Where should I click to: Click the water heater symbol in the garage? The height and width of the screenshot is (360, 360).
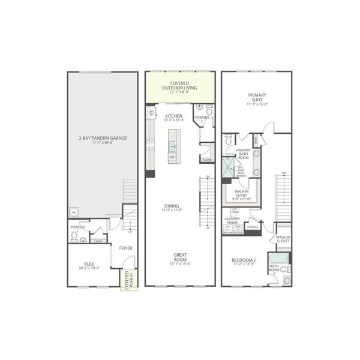[x=75, y=212]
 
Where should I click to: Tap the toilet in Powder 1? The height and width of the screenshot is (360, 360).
[x=75, y=236]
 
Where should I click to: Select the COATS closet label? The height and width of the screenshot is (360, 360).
[x=98, y=241]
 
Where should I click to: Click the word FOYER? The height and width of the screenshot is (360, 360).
[x=126, y=247]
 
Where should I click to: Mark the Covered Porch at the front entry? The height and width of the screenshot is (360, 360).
[x=128, y=279]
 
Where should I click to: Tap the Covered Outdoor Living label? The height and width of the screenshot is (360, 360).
[x=180, y=87]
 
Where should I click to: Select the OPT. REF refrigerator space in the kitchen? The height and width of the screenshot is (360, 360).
[x=151, y=112]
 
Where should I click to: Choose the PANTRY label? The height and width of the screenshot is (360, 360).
[x=207, y=160]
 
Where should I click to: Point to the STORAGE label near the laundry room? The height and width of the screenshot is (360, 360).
[x=253, y=227]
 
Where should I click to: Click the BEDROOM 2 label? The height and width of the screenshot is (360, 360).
[x=244, y=261]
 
